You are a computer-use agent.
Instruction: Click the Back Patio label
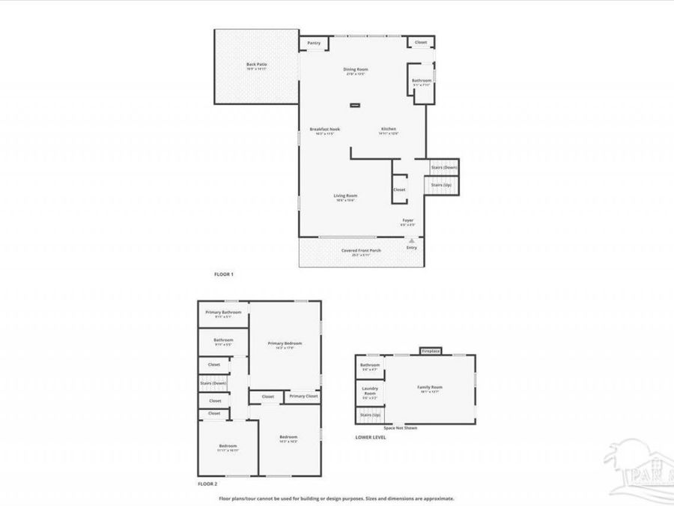(x=257, y=64)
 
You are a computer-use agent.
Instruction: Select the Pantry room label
(x=315, y=43)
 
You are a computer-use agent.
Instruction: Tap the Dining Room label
(x=356, y=69)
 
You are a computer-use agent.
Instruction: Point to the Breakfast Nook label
(x=325, y=129)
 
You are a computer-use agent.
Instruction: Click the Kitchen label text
(x=389, y=129)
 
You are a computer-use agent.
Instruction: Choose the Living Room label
(x=345, y=196)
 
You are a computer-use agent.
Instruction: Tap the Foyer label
(x=407, y=220)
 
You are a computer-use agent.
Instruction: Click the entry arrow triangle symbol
(x=411, y=240)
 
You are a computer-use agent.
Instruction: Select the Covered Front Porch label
(x=361, y=250)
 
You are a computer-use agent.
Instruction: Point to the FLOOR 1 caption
(x=224, y=274)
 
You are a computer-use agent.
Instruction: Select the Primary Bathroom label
(x=223, y=312)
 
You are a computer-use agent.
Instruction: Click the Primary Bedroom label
(x=285, y=343)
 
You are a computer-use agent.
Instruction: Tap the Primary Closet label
(x=303, y=396)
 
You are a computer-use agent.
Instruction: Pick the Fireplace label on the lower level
(x=431, y=351)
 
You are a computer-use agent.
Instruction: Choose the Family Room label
(x=430, y=388)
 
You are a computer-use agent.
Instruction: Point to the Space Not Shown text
(x=401, y=428)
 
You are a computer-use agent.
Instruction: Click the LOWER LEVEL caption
(x=371, y=437)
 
